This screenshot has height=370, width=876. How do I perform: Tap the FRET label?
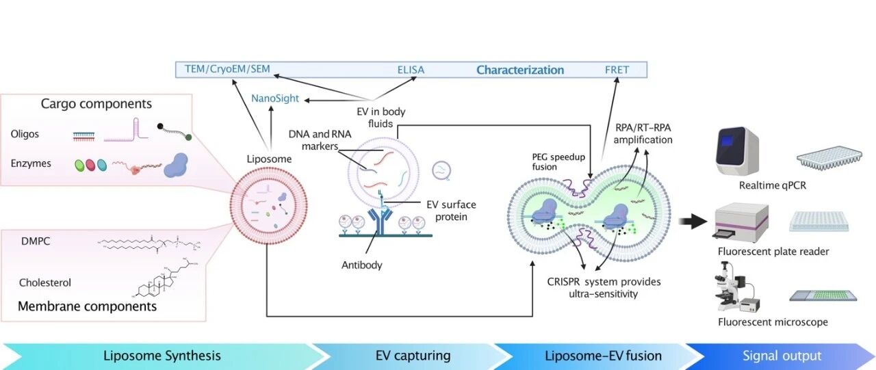click(617, 70)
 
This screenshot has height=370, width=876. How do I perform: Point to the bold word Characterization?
click(520, 70)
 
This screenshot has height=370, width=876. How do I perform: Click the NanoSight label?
click(275, 98)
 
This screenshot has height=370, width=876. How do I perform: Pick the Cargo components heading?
click(96, 105)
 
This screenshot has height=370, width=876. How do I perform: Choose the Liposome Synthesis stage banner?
click(162, 356)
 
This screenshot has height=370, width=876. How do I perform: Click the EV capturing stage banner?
click(413, 356)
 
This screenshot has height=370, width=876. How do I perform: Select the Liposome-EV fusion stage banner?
click(603, 356)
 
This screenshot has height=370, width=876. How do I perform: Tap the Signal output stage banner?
click(782, 356)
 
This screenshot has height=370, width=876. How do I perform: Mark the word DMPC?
click(37, 241)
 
